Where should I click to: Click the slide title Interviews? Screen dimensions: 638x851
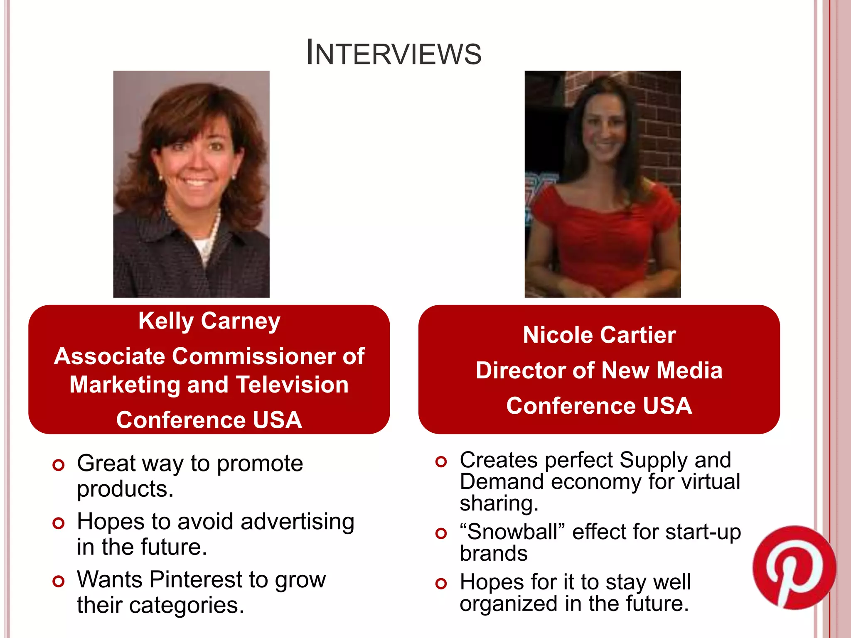click(394, 53)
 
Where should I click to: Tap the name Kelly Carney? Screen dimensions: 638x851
click(209, 321)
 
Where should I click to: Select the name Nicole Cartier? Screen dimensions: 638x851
click(599, 335)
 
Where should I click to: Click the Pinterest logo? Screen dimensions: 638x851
click(794, 567)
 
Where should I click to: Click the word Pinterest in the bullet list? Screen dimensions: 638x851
click(196, 579)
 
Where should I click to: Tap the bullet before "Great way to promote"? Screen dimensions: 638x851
click(59, 465)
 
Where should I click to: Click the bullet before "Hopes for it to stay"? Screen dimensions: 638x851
click(441, 584)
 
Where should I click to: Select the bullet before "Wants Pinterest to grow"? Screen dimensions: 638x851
click(59, 581)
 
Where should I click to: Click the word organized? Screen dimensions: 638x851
click(508, 604)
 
